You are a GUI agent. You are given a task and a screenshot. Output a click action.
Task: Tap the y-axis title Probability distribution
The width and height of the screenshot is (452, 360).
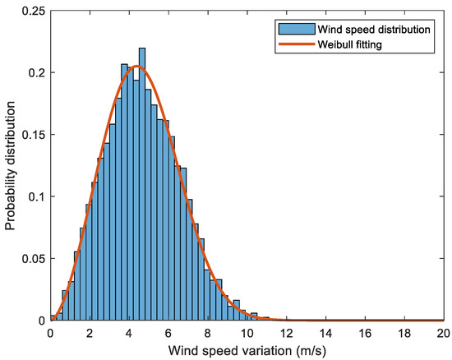[11, 164]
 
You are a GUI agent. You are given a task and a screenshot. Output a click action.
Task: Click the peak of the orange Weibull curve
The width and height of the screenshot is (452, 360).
[136, 66]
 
